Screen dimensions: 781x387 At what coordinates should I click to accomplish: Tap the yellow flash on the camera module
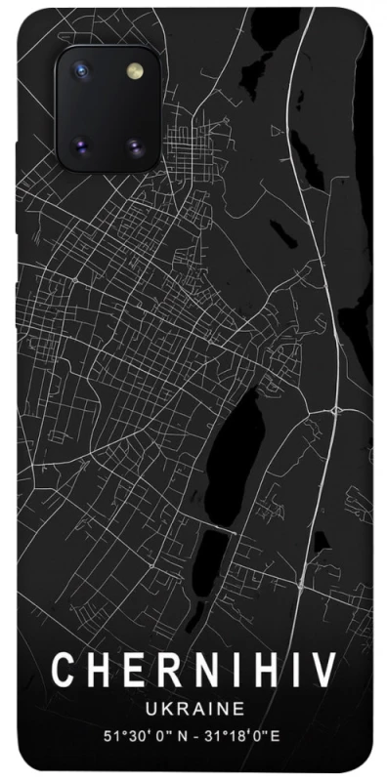(x=133, y=73)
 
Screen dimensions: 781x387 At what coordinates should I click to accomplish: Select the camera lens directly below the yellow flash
(x=134, y=147)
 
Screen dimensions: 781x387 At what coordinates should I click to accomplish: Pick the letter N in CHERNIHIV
(x=195, y=672)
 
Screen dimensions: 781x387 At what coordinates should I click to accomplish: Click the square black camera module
(x=107, y=109)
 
